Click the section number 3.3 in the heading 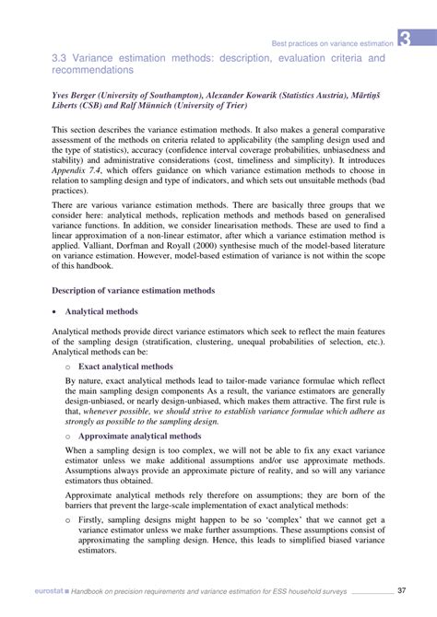63,58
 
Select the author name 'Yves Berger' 77,95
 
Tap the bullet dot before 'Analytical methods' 55,312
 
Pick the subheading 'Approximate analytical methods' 152,436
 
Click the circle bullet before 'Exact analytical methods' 68,366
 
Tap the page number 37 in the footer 402,590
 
